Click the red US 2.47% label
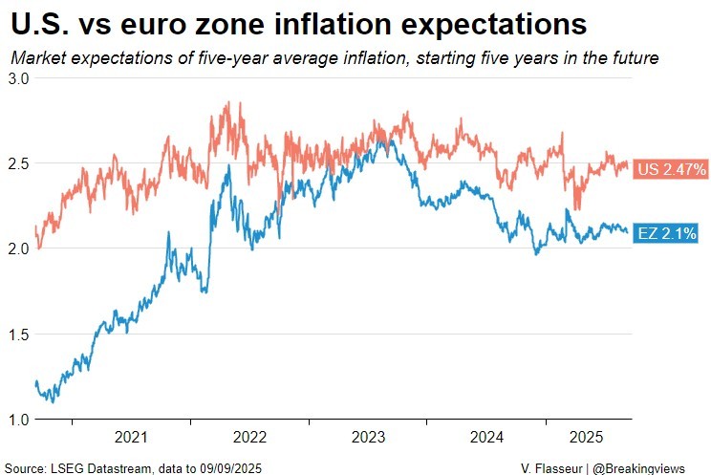point(671,169)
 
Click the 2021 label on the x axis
point(131,438)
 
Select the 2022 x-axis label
point(249,438)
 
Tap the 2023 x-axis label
point(368,438)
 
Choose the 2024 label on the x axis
point(486,438)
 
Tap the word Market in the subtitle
point(36,58)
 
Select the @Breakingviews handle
point(649,466)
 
